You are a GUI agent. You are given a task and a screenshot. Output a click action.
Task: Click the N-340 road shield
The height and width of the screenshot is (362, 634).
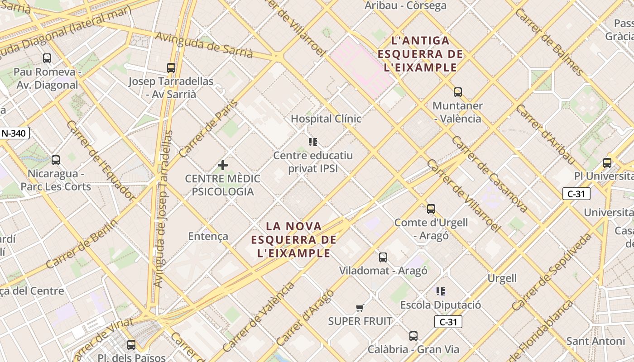pos(15,133)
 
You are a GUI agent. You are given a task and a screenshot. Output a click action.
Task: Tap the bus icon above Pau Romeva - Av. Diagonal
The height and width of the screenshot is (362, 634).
pos(47,58)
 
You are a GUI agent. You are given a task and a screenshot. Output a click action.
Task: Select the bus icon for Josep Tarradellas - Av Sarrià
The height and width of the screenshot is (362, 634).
pos(171,68)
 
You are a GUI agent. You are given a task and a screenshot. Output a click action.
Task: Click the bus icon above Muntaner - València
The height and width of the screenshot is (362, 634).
pos(458,92)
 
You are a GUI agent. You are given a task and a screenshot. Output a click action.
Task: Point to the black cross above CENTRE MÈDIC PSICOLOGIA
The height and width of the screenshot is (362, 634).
pos(223,165)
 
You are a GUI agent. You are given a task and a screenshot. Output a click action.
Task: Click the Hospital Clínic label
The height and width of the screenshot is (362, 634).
pos(326,119)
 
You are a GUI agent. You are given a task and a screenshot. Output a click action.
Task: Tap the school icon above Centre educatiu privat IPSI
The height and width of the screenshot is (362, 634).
pos(313,142)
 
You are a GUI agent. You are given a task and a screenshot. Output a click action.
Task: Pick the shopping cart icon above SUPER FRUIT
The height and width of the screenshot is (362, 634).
pos(360,308)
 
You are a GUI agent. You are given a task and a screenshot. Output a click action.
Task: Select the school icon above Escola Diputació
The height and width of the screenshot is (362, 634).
pos(441,291)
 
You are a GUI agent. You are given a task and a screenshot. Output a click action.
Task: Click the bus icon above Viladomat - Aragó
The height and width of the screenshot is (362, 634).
pos(383,257)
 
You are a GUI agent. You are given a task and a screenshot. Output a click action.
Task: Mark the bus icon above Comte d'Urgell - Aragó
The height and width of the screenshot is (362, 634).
pos(431,209)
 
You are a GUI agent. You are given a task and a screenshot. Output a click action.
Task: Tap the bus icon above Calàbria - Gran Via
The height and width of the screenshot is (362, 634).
pos(413,336)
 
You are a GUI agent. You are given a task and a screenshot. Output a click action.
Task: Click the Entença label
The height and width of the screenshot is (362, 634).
pos(208,236)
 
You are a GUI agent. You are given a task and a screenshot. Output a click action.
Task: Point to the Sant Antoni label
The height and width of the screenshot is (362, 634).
pos(596,341)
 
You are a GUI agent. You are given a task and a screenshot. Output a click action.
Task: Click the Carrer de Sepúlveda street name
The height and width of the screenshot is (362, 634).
pos(552,271)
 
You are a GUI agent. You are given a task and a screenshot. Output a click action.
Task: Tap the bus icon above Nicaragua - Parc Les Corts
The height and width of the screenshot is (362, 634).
pos(56,160)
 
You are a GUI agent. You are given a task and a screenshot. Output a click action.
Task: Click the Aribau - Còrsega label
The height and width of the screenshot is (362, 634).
pos(406,6)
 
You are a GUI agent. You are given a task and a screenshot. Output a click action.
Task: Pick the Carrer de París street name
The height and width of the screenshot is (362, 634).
pos(209,129)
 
